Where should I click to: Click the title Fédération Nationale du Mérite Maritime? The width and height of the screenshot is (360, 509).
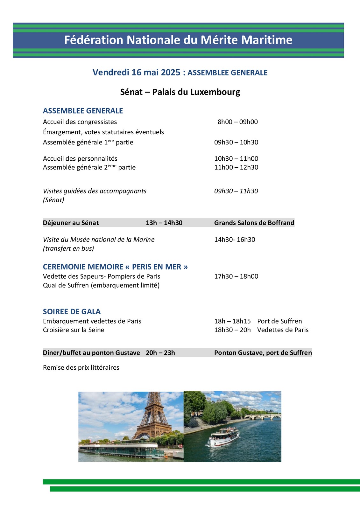pyautogui.click(x=178, y=40)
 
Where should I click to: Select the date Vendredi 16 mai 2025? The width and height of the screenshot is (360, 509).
pyautogui.click(x=137, y=73)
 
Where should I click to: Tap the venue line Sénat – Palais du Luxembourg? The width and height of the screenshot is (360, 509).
pyautogui.click(x=180, y=92)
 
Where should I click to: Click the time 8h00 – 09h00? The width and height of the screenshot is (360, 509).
pyautogui.click(x=238, y=122)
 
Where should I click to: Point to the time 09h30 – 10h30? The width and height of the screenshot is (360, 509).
pyautogui.click(x=236, y=142)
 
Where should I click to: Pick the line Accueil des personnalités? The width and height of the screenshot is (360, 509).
pyautogui.click(x=80, y=158)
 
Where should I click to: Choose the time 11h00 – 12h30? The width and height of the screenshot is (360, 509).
pyautogui.click(x=236, y=167)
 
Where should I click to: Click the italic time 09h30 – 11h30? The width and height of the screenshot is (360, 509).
pyautogui.click(x=236, y=191)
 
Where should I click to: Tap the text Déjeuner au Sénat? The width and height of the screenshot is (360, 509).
pyautogui.click(x=71, y=223)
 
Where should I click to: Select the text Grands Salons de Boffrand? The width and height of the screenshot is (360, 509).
pyautogui.click(x=254, y=223)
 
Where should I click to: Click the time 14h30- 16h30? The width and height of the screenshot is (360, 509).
pyautogui.click(x=235, y=240)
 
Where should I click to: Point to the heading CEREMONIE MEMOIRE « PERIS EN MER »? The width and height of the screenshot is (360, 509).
pyautogui.click(x=115, y=267)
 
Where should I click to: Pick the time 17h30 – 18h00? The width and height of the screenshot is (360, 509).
pyautogui.click(x=236, y=276)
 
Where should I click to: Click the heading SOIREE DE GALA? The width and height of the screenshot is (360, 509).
pyautogui.click(x=72, y=311)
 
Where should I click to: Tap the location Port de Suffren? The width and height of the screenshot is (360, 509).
pyautogui.click(x=279, y=321)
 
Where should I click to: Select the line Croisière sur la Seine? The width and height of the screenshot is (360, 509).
pyautogui.click(x=74, y=330)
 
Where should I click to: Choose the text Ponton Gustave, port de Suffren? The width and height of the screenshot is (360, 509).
pyautogui.click(x=263, y=352)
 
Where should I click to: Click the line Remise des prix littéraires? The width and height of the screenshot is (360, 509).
pyautogui.click(x=81, y=367)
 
